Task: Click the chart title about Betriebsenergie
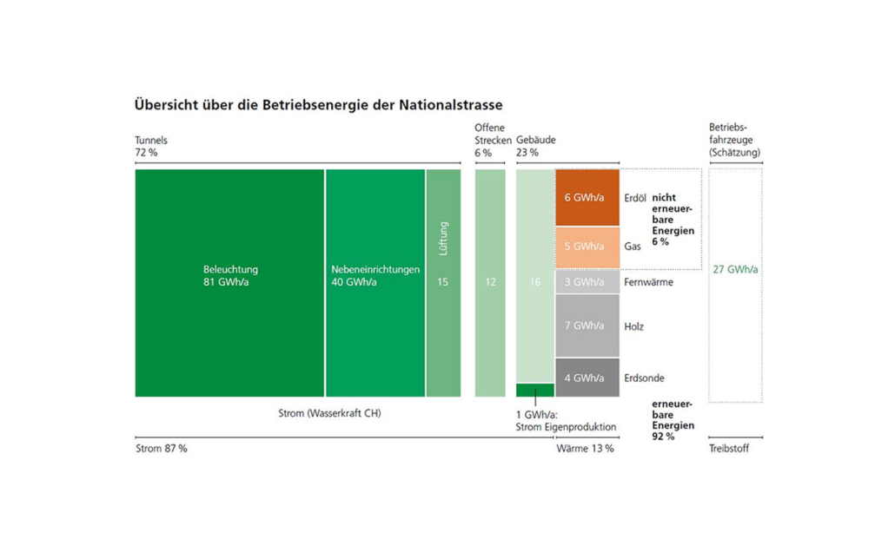318,105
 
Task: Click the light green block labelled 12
490,282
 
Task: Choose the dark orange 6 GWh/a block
587,198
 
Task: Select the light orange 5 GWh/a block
587,247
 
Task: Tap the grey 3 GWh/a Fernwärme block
587,282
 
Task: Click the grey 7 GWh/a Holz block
587,326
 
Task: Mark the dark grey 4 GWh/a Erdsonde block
587,378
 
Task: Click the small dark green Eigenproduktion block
535,391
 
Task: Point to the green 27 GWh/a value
735,269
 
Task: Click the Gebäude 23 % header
536,146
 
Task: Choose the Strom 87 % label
162,449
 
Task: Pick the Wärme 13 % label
585,449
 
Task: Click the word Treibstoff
729,449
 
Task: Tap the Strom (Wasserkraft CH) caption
323,413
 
